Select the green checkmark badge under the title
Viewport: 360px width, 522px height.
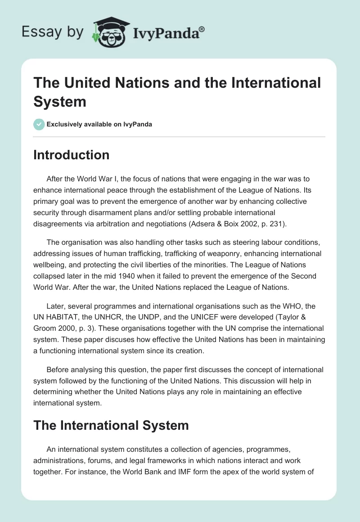(39, 125)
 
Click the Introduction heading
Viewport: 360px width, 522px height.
(72, 155)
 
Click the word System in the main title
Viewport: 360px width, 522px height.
(59, 101)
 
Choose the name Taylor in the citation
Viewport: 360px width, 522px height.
(295, 317)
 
